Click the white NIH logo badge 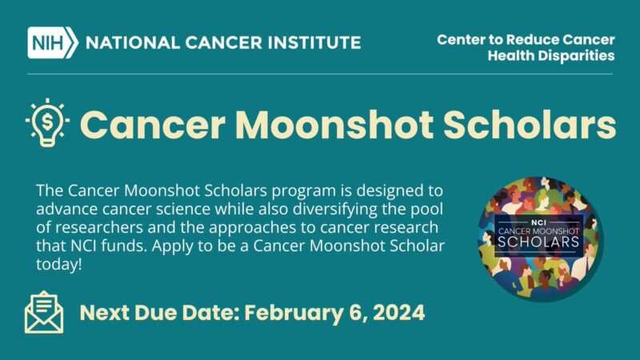tap(52, 42)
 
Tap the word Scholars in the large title tap(527, 125)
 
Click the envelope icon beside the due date tap(44, 312)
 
